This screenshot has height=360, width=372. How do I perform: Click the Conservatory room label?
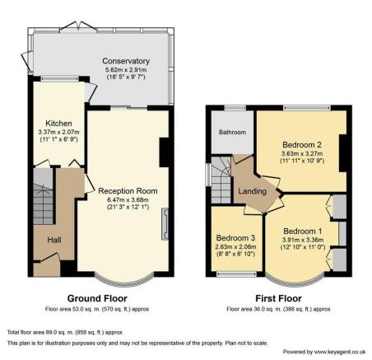tap(126, 61)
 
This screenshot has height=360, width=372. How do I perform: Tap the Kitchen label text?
tap(58, 124)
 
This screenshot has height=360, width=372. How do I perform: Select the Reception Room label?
tap(128, 191)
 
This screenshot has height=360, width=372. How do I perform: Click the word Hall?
tap(54, 240)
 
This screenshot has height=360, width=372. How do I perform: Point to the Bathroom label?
tap(232, 133)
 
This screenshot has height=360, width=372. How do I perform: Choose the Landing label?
tap(252, 191)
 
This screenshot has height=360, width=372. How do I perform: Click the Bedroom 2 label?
tap(302, 144)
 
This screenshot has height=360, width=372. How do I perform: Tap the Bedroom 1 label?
tap(303, 231)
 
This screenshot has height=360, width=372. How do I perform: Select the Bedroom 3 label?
tap(235, 238)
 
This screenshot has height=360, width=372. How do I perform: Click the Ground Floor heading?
tap(97, 298)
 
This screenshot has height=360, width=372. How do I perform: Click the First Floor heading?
tap(278, 298)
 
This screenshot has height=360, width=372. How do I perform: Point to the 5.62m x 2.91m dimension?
tap(126, 70)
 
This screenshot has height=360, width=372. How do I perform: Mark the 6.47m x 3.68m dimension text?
tap(128, 200)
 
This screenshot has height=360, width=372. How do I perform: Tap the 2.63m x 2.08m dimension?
tap(235, 247)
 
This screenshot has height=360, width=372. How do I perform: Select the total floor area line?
tap(65, 333)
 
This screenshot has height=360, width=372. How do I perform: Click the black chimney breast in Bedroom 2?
tap(343, 153)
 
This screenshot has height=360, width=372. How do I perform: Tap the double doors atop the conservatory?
tap(78, 26)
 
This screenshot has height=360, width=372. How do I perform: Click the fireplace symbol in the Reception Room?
tap(165, 224)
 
